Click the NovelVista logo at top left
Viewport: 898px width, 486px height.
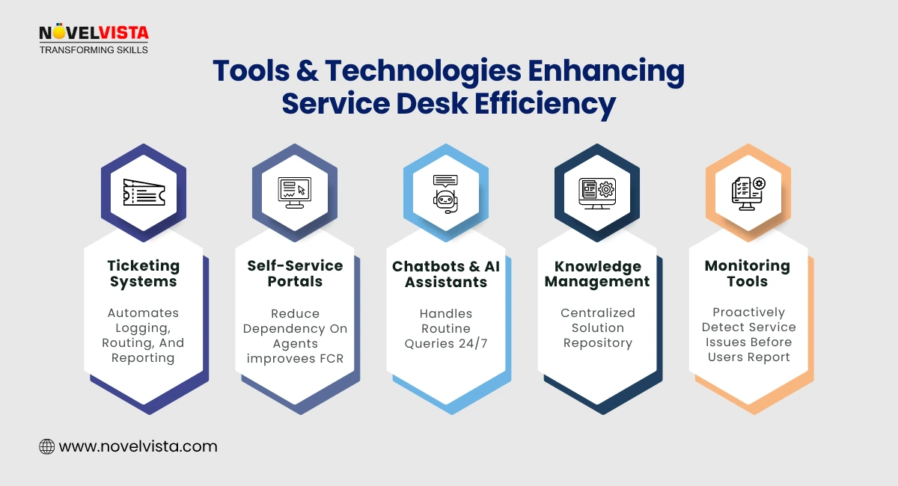(x=94, y=34)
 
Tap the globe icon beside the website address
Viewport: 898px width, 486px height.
(x=47, y=447)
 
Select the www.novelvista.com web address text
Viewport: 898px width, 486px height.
(x=138, y=447)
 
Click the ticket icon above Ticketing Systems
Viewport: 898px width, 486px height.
(x=144, y=192)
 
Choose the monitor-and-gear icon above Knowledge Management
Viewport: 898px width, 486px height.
(x=596, y=192)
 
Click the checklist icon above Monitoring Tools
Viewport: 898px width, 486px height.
(x=748, y=192)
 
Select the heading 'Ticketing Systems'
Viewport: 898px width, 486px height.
(x=144, y=274)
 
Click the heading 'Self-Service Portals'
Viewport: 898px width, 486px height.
(x=295, y=274)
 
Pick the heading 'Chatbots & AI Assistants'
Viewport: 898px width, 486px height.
(x=446, y=274)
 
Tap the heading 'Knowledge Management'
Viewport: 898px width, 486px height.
(x=597, y=274)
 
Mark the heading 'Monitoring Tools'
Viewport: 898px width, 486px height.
(x=748, y=274)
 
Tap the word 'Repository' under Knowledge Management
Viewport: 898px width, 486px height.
(x=598, y=343)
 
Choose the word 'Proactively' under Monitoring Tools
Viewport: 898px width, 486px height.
(x=749, y=312)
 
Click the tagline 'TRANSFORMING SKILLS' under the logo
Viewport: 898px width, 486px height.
(x=94, y=49)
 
